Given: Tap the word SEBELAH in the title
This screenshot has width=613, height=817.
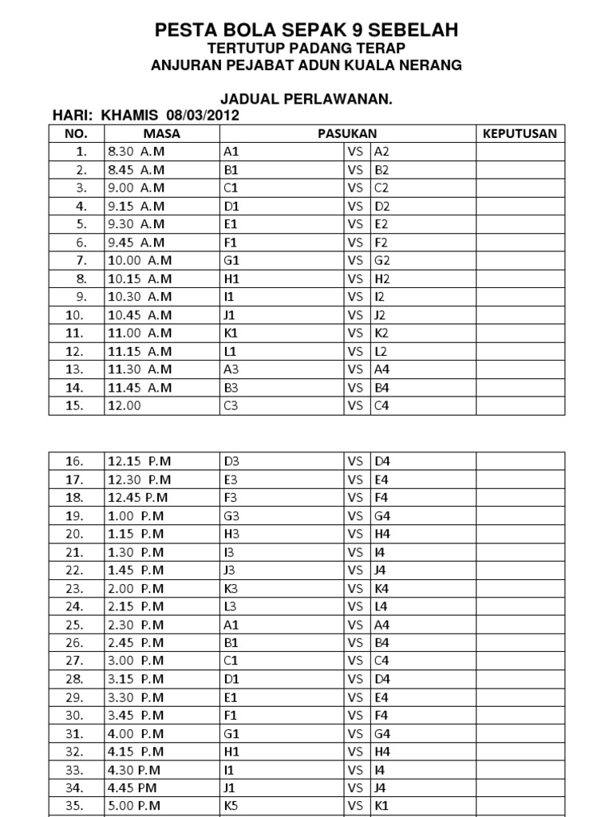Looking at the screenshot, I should coord(414,31).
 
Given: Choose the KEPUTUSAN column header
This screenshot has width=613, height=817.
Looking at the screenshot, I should coord(520,133).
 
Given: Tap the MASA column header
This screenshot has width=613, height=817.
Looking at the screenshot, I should coord(162,133).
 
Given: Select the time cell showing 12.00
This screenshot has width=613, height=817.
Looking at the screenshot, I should coord(122,405).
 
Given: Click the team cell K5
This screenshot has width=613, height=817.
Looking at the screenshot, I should coord(231,805).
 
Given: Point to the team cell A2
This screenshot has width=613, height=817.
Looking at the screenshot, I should coord(382,152).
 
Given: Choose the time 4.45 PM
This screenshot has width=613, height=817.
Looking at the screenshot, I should coord(134,787).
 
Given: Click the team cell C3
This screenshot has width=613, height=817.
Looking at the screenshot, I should coord(231,405).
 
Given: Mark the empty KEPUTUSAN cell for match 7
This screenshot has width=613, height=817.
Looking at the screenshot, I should coord(520,260).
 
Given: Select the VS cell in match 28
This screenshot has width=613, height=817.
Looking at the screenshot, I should coord(355,678).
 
